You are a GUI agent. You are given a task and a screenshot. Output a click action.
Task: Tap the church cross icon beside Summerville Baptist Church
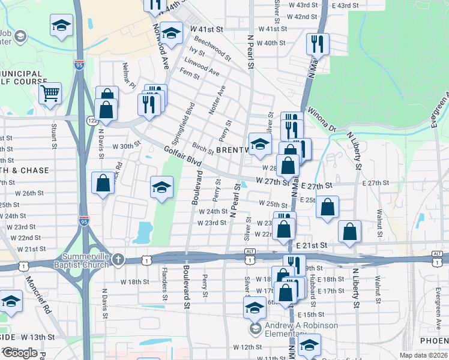(x=119, y=260)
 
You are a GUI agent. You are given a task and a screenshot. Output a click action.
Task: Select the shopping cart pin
(x=50, y=93)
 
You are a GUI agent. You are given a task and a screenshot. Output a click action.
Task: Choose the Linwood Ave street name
(x=203, y=67)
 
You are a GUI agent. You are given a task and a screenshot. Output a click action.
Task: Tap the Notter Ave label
(x=220, y=100)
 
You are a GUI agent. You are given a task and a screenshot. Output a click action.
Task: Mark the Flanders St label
(x=164, y=284)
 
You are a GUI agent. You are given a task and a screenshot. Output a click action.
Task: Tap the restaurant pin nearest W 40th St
(x=316, y=43)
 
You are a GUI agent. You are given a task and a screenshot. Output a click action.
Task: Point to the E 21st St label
(x=312, y=246)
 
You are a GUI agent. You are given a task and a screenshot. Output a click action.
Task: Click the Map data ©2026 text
(x=423, y=355)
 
